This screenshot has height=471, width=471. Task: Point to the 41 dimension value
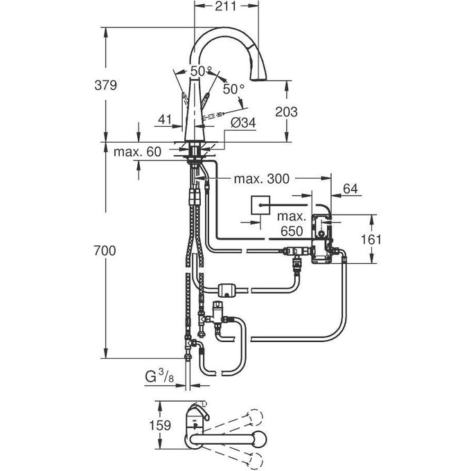164,120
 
